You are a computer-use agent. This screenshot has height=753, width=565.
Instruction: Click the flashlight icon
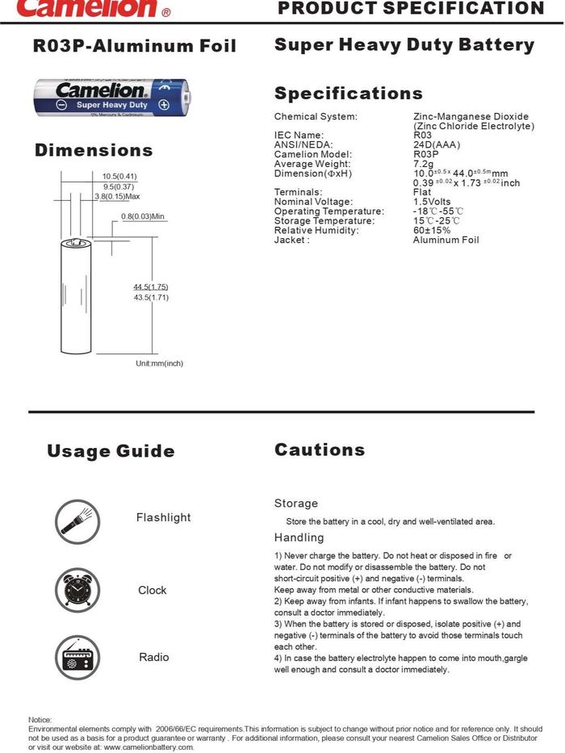[77, 519]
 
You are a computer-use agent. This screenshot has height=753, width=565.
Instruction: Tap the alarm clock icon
[77, 590]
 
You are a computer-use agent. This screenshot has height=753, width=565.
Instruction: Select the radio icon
[77, 658]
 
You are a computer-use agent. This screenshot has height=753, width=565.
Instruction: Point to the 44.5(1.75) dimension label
[151, 287]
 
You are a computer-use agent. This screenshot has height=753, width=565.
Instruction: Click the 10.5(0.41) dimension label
[119, 176]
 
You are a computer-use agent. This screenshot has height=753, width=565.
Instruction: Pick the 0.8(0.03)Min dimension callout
[143, 216]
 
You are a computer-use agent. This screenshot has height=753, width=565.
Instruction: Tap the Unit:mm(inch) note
[159, 363]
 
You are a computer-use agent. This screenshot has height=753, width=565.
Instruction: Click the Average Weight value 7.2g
[423, 164]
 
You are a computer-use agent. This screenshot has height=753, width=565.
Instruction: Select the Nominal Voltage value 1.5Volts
[432, 202]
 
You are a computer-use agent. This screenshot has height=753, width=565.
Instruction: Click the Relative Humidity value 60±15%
[432, 230]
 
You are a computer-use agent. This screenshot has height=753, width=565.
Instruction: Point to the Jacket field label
[291, 240]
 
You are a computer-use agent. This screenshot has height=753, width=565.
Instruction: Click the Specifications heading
[348, 93]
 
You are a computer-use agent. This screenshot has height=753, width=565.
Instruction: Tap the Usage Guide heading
[111, 451]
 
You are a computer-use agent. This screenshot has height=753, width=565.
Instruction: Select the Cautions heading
[320, 450]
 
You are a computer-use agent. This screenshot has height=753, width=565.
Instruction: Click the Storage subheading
[296, 503]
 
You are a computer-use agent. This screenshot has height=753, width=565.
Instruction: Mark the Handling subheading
[299, 538]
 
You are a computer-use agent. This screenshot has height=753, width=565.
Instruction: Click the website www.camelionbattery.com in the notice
[149, 747]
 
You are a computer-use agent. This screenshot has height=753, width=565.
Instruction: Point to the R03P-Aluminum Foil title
[135, 46]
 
